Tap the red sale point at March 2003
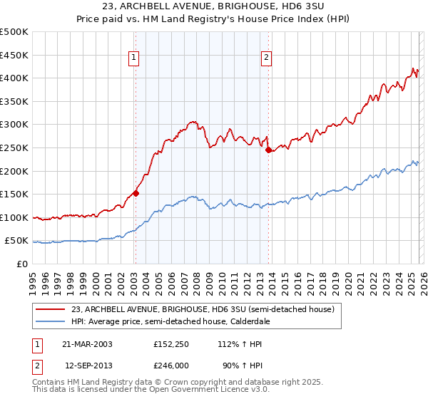pyautogui.click(x=136, y=192)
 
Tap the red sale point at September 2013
pyautogui.click(x=267, y=150)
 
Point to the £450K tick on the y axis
pyautogui.click(x=14, y=55)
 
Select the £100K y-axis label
pyautogui.click(x=14, y=217)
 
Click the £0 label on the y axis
pyautogui.click(x=22, y=264)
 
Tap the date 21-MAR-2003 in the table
pyautogui.click(x=86, y=344)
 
